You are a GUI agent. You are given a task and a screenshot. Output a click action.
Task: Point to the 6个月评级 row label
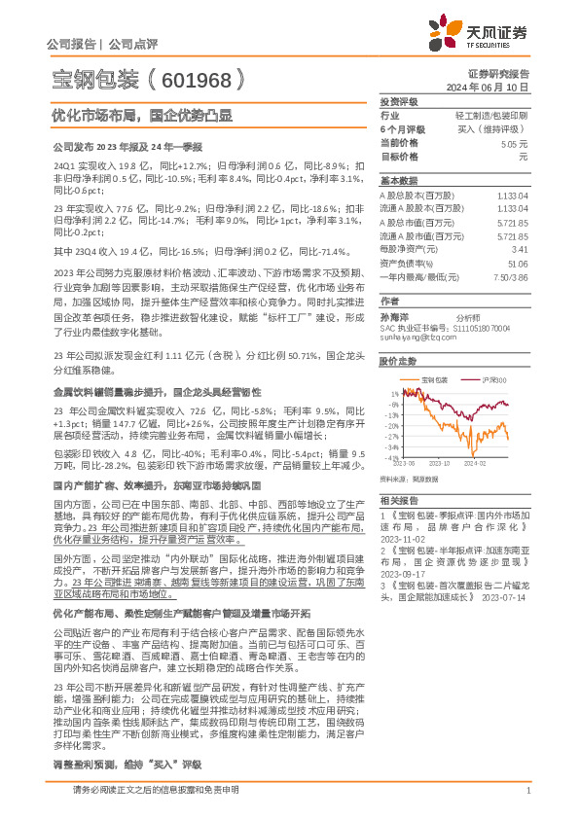(402, 128)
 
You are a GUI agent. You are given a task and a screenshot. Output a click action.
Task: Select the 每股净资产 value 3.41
(519, 249)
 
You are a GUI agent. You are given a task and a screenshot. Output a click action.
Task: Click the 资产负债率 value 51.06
(517, 263)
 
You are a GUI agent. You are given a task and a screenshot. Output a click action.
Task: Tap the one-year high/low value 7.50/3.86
(512, 276)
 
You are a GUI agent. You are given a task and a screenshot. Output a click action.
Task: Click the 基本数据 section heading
(397, 182)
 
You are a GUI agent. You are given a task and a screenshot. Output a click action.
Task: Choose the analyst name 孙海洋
(391, 317)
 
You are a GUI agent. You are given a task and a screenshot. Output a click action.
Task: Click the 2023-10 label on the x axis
(441, 466)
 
